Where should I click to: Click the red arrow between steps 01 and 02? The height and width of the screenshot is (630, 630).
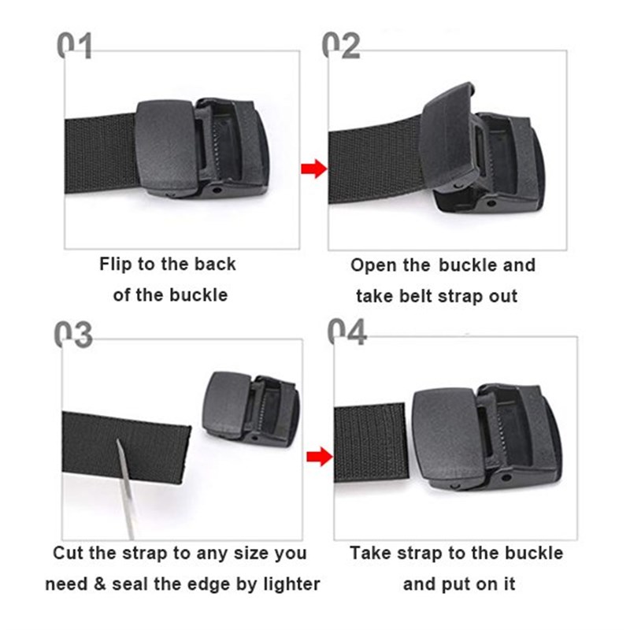[314, 168]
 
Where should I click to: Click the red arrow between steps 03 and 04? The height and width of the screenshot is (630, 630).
[316, 456]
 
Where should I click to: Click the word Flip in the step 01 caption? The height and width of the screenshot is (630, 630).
[116, 264]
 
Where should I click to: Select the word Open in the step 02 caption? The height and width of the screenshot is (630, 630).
[373, 265]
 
